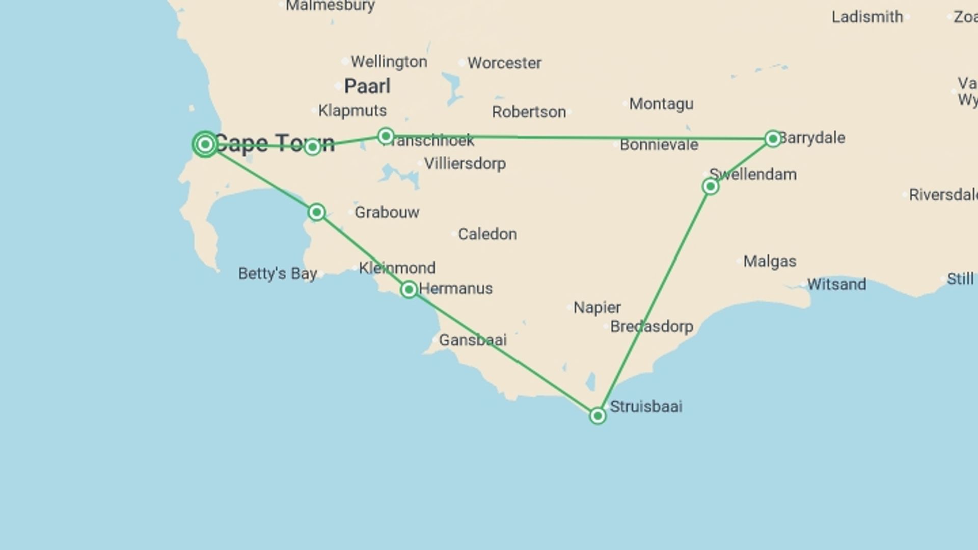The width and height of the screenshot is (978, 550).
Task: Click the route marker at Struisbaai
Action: pyautogui.click(x=597, y=416)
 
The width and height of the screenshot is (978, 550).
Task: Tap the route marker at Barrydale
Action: pyautogui.click(x=773, y=139)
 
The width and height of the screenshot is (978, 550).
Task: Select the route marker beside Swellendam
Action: pyautogui.click(x=710, y=186)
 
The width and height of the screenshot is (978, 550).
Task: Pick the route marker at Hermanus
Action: pyautogui.click(x=409, y=290)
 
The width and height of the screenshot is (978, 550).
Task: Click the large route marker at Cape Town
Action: pyautogui.click(x=205, y=144)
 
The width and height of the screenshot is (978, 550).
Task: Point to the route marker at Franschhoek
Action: pyautogui.click(x=386, y=136)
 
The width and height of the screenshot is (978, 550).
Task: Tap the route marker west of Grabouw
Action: pyautogui.click(x=316, y=212)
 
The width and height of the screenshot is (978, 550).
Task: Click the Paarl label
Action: pyautogui.click(x=367, y=86)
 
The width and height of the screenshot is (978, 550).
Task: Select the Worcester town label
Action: pyautogui.click(x=504, y=63)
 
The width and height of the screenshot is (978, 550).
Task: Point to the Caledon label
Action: pyautogui.click(x=487, y=234)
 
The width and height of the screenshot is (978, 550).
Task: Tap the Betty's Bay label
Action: pyautogui.click(x=278, y=273)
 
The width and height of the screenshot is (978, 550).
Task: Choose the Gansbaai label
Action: pyautogui.click(x=473, y=340)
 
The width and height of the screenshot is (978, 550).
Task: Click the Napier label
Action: pyautogui.click(x=597, y=308)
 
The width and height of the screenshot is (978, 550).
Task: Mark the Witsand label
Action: pyautogui.click(x=836, y=284)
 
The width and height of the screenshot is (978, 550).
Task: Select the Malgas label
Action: pyautogui.click(x=770, y=261)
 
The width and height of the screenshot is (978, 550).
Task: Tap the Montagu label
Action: pyautogui.click(x=661, y=104)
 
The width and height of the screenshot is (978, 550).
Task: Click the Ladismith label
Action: pyautogui.click(x=867, y=17)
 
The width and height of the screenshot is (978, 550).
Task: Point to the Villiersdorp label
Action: pyautogui.click(x=465, y=163)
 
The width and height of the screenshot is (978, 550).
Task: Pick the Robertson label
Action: pyautogui.click(x=529, y=112)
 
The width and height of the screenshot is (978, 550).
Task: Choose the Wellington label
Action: pyautogui.click(x=389, y=62)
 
